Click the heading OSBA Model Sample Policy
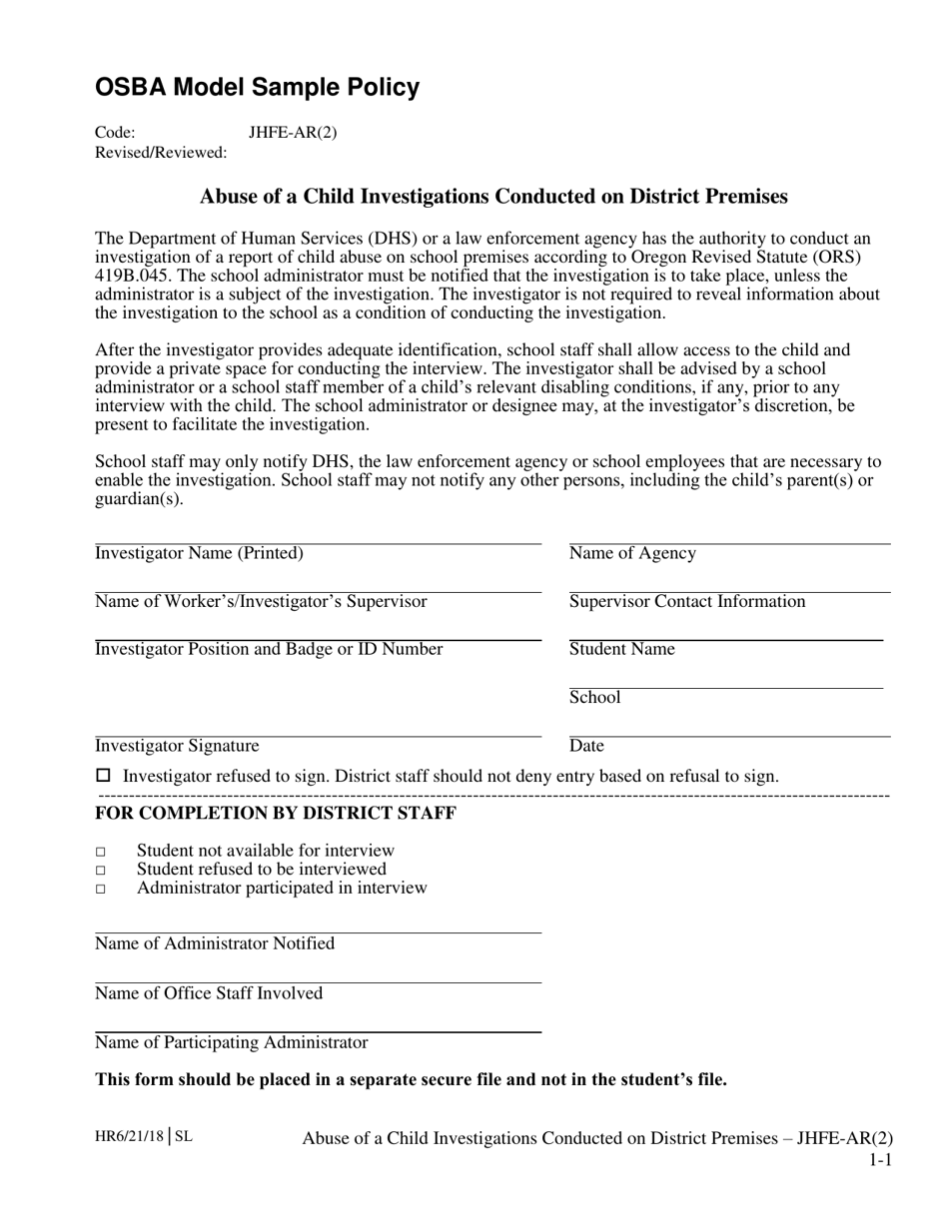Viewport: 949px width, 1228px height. point(257,88)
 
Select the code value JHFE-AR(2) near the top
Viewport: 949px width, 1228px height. point(293,132)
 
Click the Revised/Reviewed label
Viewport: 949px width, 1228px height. point(160,153)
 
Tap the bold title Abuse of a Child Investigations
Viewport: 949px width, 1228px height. point(493,197)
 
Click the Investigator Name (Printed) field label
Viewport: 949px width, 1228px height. point(199,553)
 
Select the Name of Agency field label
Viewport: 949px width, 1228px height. point(632,553)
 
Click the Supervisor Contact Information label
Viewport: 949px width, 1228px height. point(687,601)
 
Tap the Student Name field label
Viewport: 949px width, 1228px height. point(621,649)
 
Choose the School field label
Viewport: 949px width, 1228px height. point(594,697)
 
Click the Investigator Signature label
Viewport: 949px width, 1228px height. point(177,745)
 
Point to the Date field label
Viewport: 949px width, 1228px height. point(586,745)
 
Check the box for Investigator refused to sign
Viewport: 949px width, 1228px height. point(103,776)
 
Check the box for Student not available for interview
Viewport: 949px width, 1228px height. point(101,852)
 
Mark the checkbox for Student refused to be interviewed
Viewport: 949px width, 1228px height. point(101,871)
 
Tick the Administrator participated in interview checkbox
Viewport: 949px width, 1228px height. point(101,889)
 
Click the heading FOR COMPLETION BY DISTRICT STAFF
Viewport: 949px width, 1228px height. point(276,813)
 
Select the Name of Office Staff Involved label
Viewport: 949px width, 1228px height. point(209,993)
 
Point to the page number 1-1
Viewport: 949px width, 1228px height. point(879,1160)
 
